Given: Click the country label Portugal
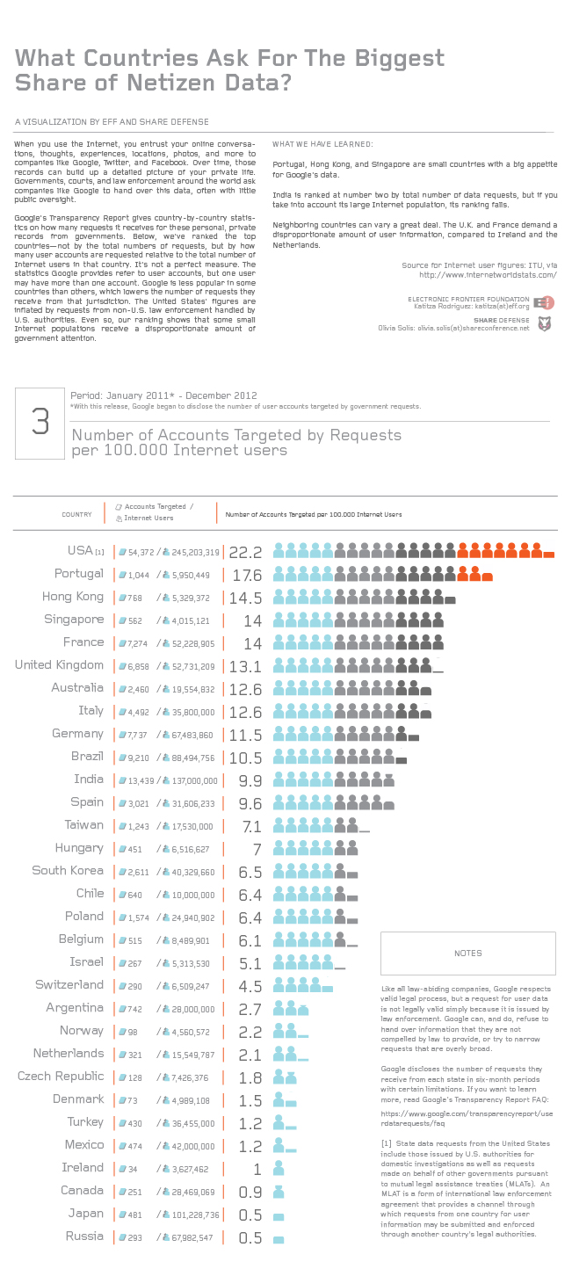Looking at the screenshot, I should tap(78, 574).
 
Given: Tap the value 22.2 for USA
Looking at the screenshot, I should tap(245, 553).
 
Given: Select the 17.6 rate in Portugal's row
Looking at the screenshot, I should tap(245, 576).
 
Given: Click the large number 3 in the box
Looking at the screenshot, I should tap(40, 422).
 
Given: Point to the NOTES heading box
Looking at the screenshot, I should tap(468, 953).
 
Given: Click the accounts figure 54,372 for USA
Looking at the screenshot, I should tap(141, 553).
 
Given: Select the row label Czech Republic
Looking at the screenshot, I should tap(61, 1077).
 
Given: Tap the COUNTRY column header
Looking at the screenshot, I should tap(76, 514).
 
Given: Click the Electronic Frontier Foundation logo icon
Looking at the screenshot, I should tap(544, 302).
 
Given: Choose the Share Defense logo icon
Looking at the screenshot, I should tap(544, 323).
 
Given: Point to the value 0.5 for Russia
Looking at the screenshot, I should tap(250, 1238).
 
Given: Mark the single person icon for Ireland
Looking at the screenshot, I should tap(279, 1168).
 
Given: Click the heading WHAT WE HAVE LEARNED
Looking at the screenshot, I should tap(322, 143).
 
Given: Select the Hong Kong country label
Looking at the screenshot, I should tap(73, 597).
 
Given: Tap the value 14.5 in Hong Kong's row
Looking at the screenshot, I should tap(245, 598).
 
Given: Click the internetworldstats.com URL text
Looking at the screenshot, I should tap(488, 274).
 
